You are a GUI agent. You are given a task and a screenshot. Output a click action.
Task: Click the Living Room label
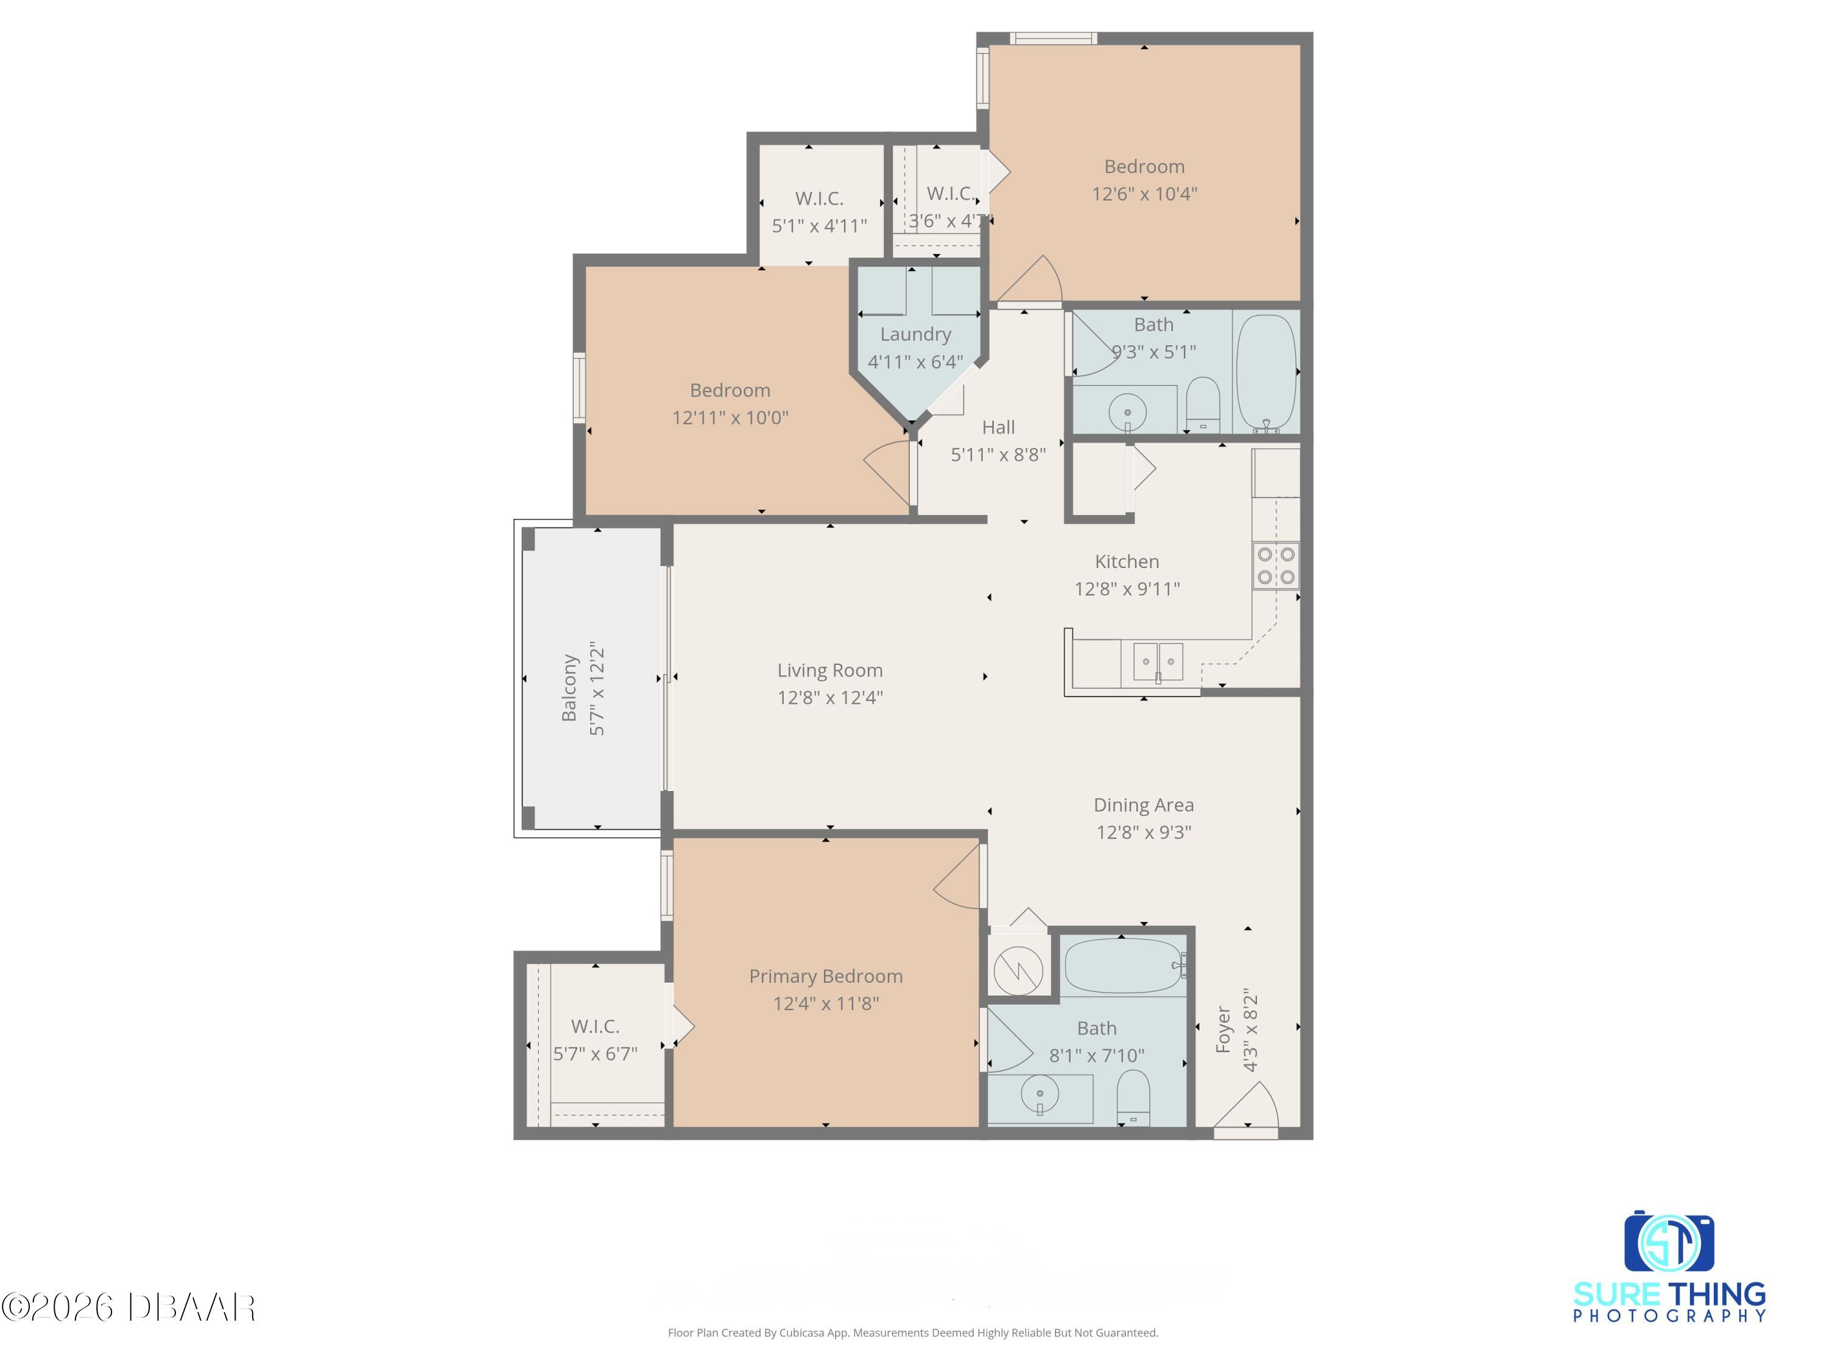[829, 670]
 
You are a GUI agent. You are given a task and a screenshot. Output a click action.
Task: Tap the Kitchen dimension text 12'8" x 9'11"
[1127, 589]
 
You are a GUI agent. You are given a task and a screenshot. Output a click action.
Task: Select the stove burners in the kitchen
[1275, 566]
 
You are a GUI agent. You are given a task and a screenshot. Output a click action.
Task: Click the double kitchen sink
[1157, 661]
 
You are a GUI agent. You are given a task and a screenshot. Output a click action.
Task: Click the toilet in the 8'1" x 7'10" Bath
[1133, 1097]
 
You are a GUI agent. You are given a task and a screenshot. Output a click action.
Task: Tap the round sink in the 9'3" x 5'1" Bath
[1127, 410]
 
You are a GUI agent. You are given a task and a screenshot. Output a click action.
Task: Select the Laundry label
[915, 334]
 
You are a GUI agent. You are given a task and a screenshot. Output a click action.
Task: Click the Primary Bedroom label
[825, 976]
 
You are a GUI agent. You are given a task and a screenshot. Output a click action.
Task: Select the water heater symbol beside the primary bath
[1018, 969]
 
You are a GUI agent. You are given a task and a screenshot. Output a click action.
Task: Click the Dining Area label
[1143, 805]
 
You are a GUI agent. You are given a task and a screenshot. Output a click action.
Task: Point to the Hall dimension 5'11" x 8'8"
[998, 455]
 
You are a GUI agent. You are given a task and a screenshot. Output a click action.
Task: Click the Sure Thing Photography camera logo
[1669, 1243]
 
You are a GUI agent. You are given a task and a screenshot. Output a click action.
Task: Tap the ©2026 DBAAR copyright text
[128, 1307]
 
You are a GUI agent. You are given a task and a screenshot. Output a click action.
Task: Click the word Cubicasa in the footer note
[800, 1333]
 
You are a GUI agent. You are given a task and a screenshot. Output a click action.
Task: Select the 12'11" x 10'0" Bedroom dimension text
[730, 418]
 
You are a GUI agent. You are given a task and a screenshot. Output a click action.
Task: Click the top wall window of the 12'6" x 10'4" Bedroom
[1053, 38]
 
